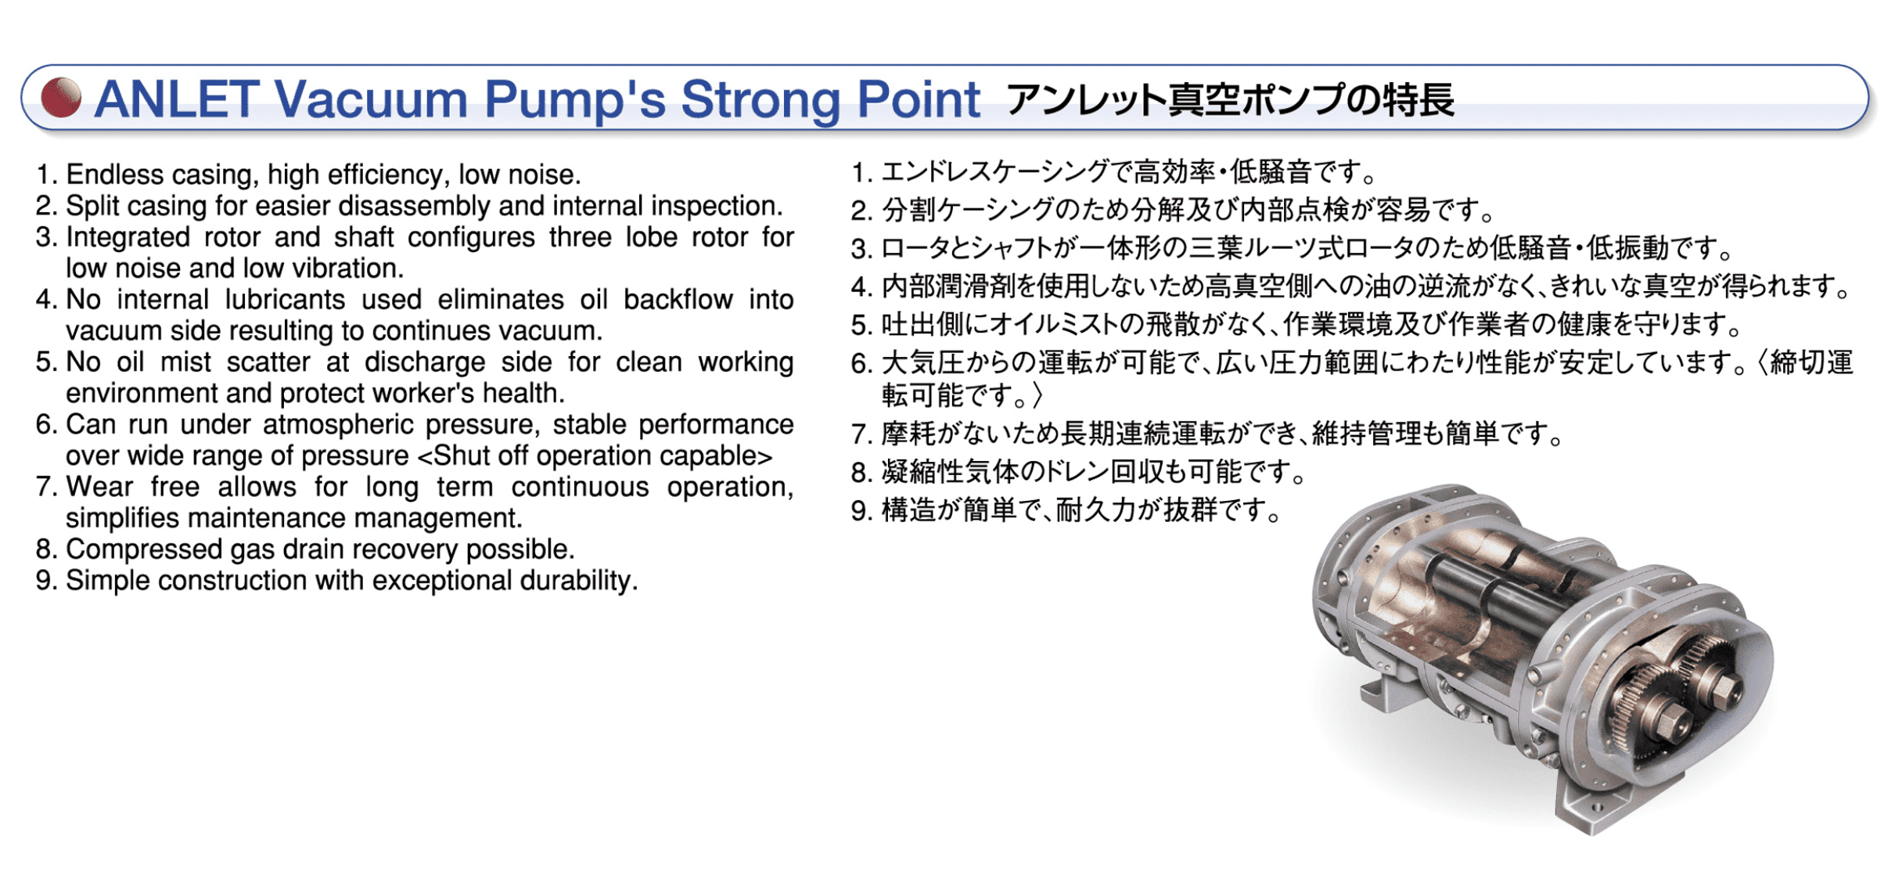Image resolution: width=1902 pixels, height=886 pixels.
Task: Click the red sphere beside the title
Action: tap(61, 98)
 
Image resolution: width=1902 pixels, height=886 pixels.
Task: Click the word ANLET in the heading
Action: tap(177, 99)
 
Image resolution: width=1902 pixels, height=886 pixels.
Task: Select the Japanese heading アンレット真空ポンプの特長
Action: tap(1230, 100)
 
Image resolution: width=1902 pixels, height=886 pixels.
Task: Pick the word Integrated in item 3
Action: tap(128, 237)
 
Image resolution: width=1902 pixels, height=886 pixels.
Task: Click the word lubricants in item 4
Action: tap(285, 300)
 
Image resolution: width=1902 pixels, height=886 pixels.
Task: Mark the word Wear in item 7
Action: tap(99, 488)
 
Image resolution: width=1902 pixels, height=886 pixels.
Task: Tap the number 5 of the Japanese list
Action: tap(861, 325)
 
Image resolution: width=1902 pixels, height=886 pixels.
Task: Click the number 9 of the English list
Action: tap(45, 582)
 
